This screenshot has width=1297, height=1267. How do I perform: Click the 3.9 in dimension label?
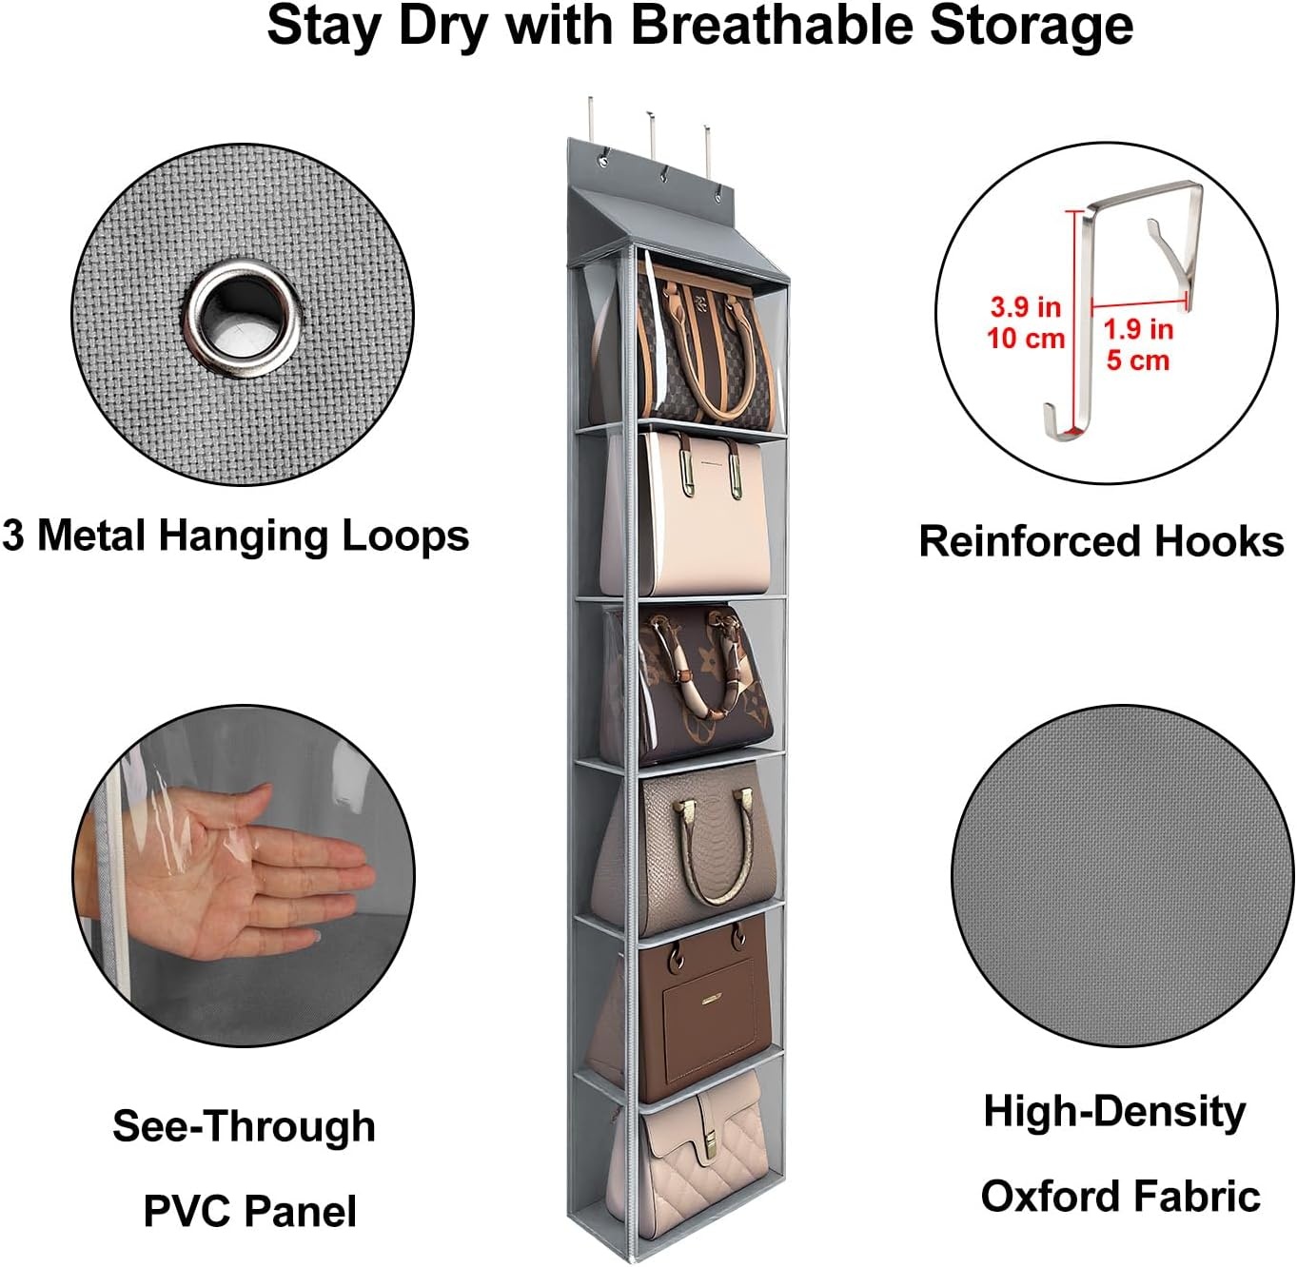(x=1025, y=307)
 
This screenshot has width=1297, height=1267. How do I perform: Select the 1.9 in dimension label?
(x=1138, y=330)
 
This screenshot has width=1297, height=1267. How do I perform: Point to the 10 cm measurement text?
(x=1026, y=339)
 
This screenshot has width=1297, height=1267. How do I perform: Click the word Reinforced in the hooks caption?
(x=1031, y=541)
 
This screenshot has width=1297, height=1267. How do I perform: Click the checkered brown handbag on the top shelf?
(x=703, y=345)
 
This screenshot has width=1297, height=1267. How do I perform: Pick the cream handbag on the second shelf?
(x=699, y=513)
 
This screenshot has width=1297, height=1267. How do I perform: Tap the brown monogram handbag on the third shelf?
(x=703, y=683)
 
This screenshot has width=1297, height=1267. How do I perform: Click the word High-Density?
(x=1114, y=1112)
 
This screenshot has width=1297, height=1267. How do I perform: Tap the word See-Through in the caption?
(x=244, y=1126)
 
